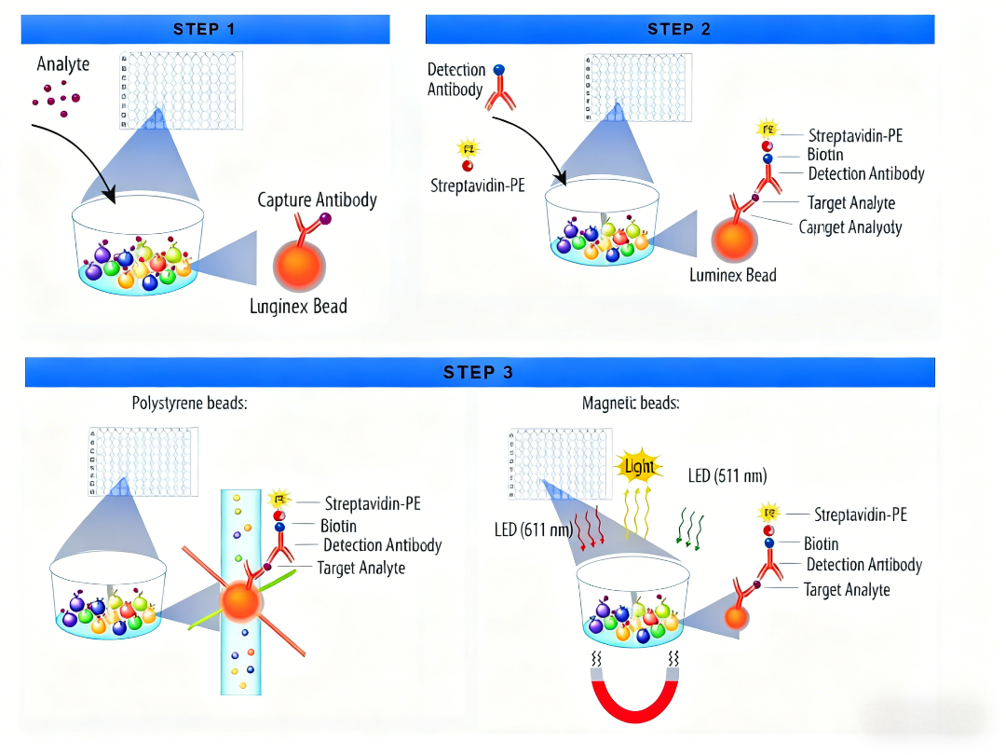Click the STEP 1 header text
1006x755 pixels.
coord(204,29)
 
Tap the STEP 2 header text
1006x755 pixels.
coord(679,29)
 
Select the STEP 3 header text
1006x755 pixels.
coord(479,372)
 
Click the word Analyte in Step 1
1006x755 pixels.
coord(63,64)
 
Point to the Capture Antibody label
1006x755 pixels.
coord(317,200)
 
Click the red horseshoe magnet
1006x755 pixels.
coord(633,689)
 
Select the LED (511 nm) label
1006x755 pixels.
coord(727,475)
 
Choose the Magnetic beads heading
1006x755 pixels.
coord(631,404)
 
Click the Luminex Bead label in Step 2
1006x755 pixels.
coord(732,275)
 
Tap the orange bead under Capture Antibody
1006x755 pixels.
coord(300,262)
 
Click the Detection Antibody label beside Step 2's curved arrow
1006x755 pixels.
coord(456,79)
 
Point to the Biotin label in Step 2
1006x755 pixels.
coord(825,155)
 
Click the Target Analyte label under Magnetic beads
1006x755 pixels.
coord(846,589)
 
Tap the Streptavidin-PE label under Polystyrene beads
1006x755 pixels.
coord(373,503)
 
